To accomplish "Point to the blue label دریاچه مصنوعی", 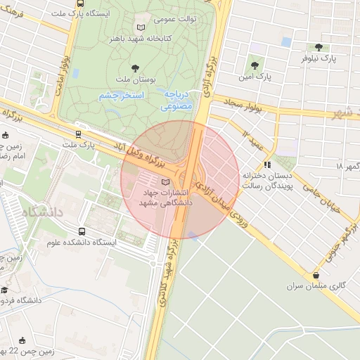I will [x=176, y=101].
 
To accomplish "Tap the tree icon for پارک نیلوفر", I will [x=319, y=48].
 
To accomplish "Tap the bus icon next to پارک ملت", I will [x=78, y=134].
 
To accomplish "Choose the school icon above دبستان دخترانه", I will [x=267, y=165].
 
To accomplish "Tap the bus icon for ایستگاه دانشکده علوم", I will [x=83, y=231].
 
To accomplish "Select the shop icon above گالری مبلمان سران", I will [x=316, y=275].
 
